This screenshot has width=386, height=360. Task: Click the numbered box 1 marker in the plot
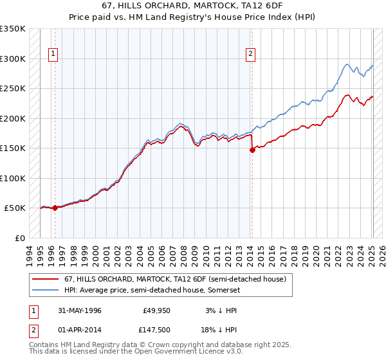tap(52, 55)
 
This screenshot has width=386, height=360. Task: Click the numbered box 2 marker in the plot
tap(250, 55)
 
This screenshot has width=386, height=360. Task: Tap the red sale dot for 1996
tap(55, 208)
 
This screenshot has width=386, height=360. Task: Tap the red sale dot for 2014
tap(252, 150)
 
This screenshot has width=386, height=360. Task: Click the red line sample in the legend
tap(45, 278)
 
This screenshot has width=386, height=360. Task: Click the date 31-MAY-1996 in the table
tap(79, 310)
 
